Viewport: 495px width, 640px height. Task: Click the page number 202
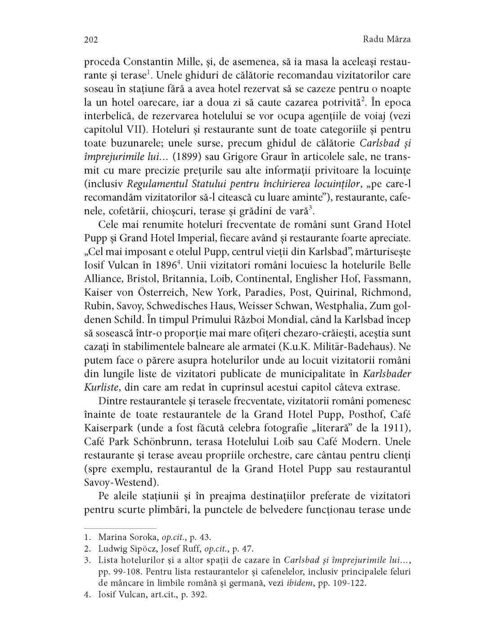click(91, 40)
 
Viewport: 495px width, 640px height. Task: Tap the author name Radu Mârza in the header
click(387, 40)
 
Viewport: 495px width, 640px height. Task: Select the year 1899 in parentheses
click(186, 135)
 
